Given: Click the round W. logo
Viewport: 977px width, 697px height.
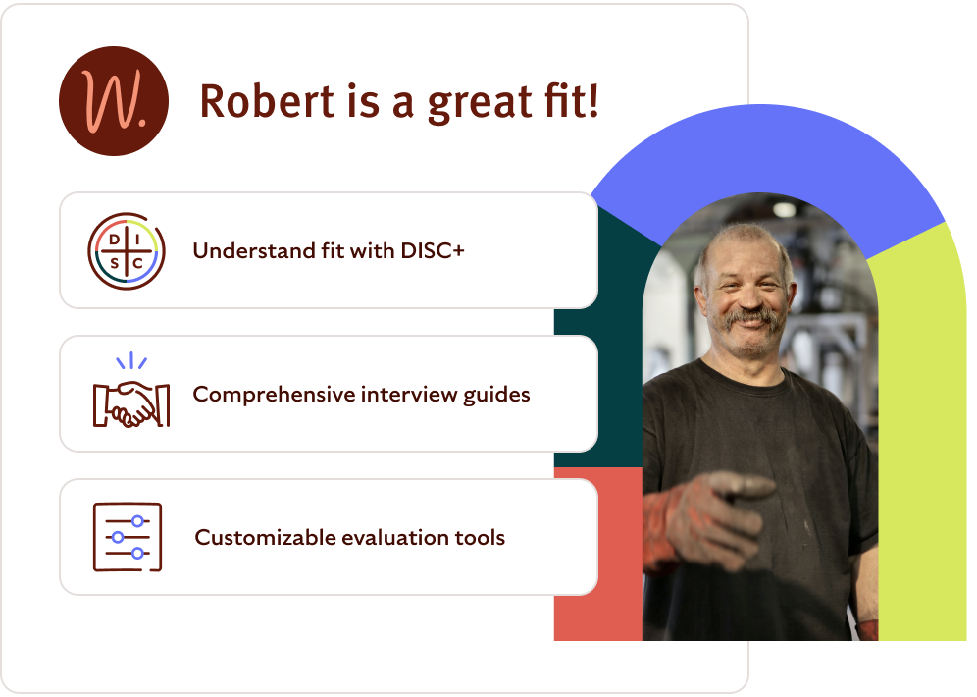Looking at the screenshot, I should tap(114, 101).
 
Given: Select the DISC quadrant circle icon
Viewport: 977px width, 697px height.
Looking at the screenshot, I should tap(127, 251).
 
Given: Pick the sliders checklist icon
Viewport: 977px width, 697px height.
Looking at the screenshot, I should tap(128, 537).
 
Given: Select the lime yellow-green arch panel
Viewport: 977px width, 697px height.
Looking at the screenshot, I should tap(922, 442).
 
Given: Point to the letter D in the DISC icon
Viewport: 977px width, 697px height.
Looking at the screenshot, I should tap(114, 239).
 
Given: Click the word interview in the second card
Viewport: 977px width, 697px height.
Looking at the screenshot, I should tap(403, 395).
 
